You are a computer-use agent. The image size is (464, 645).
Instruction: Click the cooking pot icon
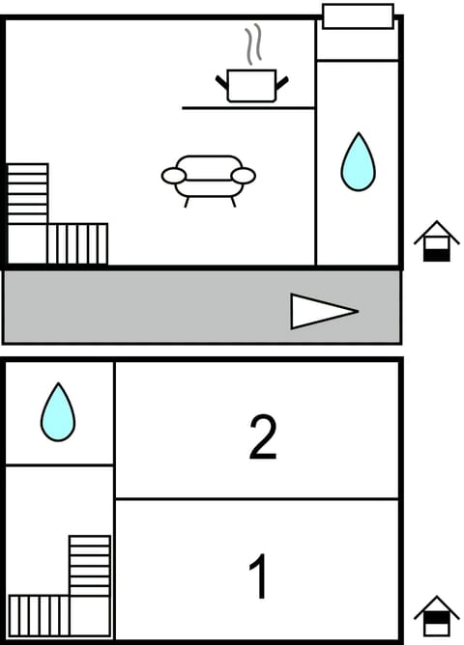pyautogui.click(x=251, y=85)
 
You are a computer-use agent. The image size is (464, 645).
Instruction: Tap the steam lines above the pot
pyautogui.click(x=253, y=45)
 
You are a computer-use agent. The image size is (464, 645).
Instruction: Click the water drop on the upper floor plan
pyautogui.click(x=357, y=161)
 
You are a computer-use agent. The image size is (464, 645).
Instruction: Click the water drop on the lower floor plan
pyautogui.click(x=58, y=412)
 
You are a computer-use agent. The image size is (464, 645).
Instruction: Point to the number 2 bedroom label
pyautogui.click(x=262, y=436)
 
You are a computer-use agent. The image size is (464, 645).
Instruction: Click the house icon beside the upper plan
pyautogui.click(x=437, y=241)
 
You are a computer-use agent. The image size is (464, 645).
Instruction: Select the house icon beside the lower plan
pyautogui.click(x=437, y=615)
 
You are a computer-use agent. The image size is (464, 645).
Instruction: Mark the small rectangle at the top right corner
pyautogui.click(x=358, y=16)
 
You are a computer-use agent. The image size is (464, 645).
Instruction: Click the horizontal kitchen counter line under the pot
pyautogui.click(x=248, y=108)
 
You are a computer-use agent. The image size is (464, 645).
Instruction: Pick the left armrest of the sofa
pyautogui.click(x=174, y=176)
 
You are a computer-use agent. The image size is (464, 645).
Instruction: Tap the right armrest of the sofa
pyautogui.click(x=244, y=176)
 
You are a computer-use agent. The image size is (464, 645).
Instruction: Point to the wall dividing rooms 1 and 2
pyautogui.click(x=257, y=499)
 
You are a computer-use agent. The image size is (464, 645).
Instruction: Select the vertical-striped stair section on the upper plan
pyautogui.click(x=77, y=243)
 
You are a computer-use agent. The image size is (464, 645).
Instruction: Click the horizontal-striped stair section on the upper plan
pyautogui.click(x=27, y=193)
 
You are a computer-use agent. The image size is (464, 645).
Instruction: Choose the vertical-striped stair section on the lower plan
pyautogui.click(x=39, y=615)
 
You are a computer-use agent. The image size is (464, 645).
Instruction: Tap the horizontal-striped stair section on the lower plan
pyautogui.click(x=89, y=566)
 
